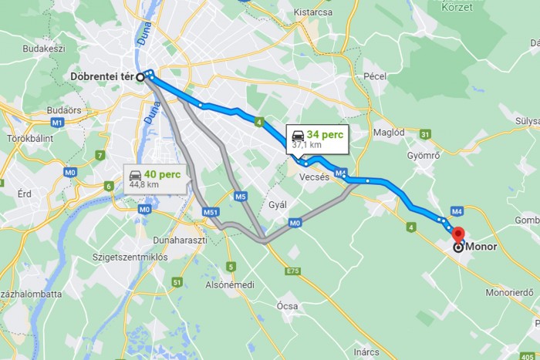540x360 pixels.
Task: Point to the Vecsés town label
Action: (313, 177)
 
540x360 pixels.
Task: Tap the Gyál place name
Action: (277, 204)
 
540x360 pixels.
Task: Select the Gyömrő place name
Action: (423, 154)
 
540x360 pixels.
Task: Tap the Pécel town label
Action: (374, 77)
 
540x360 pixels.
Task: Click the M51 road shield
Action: (209, 211)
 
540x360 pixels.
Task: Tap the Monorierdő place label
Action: (508, 292)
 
